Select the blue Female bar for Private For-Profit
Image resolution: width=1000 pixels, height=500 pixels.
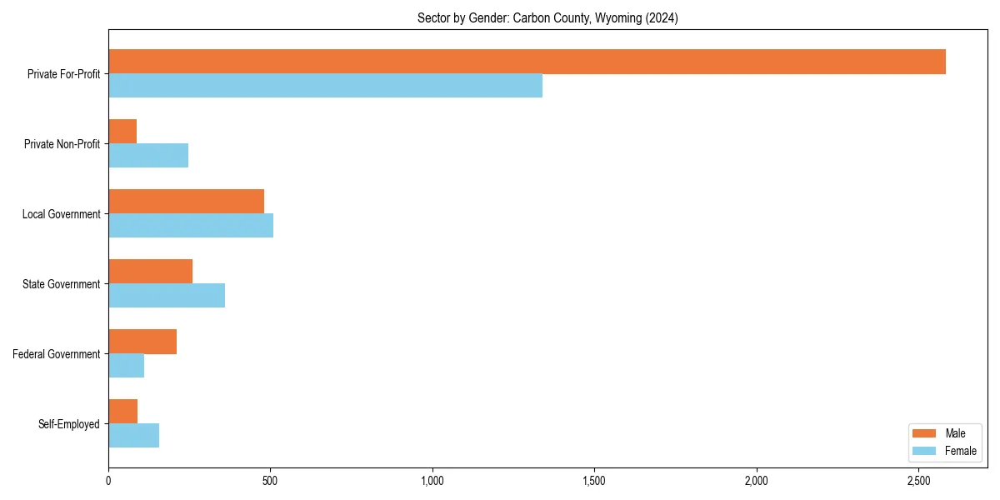(x=325, y=86)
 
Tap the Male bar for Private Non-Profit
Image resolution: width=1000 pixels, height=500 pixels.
(x=122, y=132)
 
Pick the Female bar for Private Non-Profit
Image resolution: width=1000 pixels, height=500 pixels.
(x=148, y=156)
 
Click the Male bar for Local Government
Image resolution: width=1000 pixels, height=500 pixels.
(x=186, y=202)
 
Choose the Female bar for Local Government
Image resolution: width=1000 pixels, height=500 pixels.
(x=191, y=226)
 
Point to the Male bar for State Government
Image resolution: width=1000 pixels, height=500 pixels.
(x=150, y=272)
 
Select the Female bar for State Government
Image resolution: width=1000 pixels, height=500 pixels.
(x=167, y=296)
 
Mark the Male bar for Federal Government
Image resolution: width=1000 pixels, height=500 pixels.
(x=142, y=342)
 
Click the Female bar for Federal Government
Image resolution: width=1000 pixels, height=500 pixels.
(x=126, y=366)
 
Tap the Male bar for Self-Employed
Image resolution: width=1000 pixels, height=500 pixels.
(x=122, y=412)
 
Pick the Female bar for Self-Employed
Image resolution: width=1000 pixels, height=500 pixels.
(x=133, y=436)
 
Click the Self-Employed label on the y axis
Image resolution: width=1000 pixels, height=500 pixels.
(x=68, y=424)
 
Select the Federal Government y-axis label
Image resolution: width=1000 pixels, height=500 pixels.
(x=57, y=354)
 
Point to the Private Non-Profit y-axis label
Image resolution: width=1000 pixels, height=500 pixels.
(x=62, y=144)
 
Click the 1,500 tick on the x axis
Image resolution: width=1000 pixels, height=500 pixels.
(x=594, y=481)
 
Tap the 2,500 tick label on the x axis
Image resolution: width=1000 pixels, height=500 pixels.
(x=918, y=481)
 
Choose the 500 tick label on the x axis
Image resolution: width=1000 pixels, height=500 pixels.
(x=270, y=481)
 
